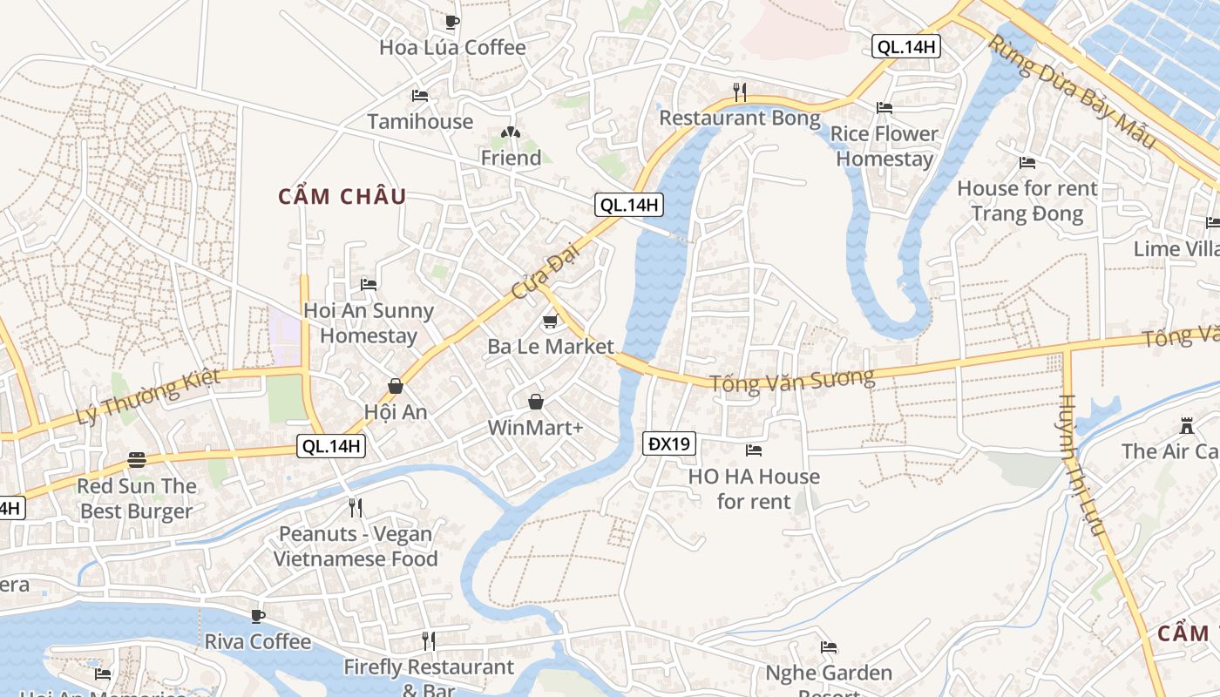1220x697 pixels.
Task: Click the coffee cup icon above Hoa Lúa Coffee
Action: [x=451, y=22]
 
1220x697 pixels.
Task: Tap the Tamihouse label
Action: [x=420, y=122]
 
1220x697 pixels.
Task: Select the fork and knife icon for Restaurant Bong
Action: [x=740, y=91]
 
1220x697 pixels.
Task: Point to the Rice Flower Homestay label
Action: [x=884, y=146]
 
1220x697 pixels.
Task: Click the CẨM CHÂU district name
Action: [x=342, y=197]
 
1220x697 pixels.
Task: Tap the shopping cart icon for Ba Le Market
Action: [x=550, y=322]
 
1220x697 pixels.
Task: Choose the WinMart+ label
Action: [x=535, y=428]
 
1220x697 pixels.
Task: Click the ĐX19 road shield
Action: [x=669, y=444]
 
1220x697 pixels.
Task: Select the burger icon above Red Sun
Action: [x=137, y=459]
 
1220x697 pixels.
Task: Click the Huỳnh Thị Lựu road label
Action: [x=1080, y=465]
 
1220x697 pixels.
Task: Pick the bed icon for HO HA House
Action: [x=754, y=450]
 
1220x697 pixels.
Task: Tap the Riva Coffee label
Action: [x=257, y=642]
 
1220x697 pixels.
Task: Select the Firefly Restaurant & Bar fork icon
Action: [x=428, y=641]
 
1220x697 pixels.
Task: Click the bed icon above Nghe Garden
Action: [x=829, y=647]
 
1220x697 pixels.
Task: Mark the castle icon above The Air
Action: [x=1186, y=426]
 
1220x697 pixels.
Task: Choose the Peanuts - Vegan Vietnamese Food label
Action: [x=356, y=546]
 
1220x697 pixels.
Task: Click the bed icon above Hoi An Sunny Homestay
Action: [x=369, y=285]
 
